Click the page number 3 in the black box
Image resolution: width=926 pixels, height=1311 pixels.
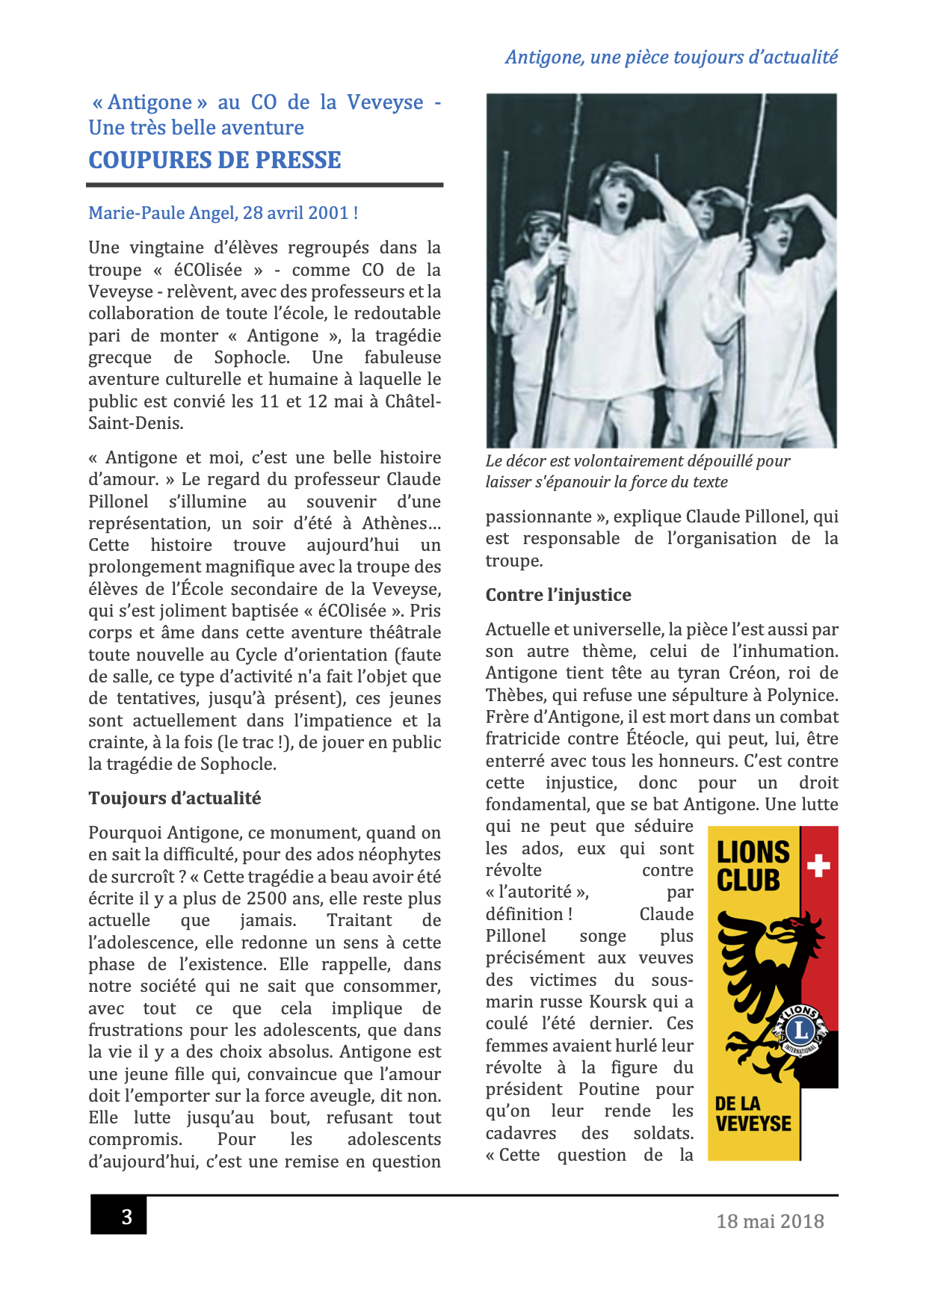point(126,1217)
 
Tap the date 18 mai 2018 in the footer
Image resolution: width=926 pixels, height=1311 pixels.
point(770,1221)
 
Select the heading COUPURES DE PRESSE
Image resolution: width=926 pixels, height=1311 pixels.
point(214,160)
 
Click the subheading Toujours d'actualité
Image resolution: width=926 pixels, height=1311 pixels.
point(175,798)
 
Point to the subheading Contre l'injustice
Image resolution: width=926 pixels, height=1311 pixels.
point(558,595)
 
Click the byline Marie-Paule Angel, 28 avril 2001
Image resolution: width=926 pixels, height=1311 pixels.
point(223,213)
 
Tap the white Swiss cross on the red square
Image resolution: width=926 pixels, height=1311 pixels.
point(819,866)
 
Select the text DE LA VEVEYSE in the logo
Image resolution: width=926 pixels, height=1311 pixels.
point(753,1114)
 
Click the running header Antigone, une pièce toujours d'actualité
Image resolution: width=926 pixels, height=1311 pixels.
point(671,58)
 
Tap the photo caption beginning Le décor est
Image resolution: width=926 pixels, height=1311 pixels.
point(638,472)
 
